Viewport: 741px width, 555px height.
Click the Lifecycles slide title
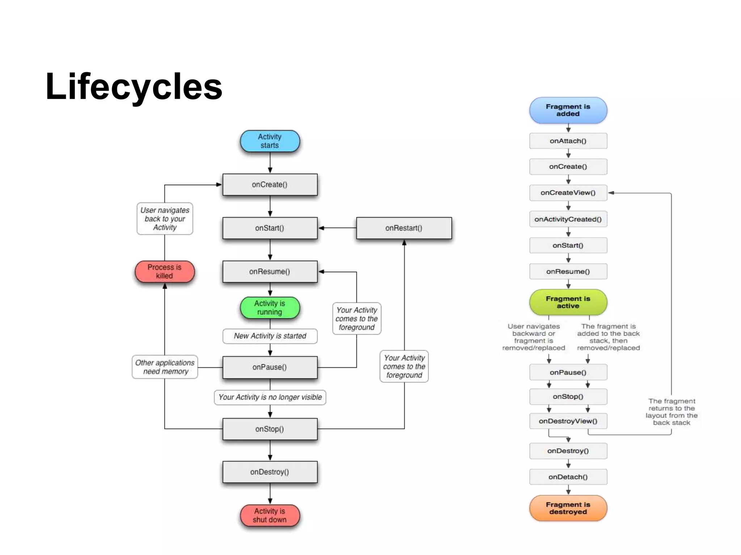click(x=134, y=87)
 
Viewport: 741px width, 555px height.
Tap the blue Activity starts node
click(x=270, y=141)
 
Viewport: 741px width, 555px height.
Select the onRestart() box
click(x=404, y=228)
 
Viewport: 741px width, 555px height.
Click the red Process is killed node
click(x=165, y=272)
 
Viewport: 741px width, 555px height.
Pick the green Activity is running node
click(x=270, y=308)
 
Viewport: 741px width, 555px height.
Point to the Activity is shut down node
click(x=270, y=515)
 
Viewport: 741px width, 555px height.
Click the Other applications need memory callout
click(x=165, y=367)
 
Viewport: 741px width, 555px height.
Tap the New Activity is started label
click(x=270, y=336)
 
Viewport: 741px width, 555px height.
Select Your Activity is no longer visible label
click(x=270, y=397)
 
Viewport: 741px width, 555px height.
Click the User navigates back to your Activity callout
click(x=165, y=219)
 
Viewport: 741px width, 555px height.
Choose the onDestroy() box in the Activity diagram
click(x=270, y=472)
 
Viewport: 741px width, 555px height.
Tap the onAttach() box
click(x=568, y=141)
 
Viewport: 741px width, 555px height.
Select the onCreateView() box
click(x=568, y=193)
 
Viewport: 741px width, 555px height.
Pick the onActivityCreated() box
click(x=568, y=219)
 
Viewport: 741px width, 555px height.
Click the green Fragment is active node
click(x=568, y=302)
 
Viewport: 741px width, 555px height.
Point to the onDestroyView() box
click(x=568, y=421)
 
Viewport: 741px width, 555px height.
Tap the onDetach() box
click(x=568, y=477)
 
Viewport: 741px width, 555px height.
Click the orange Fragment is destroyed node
click(x=568, y=508)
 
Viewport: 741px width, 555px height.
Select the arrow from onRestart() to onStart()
click(x=337, y=228)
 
